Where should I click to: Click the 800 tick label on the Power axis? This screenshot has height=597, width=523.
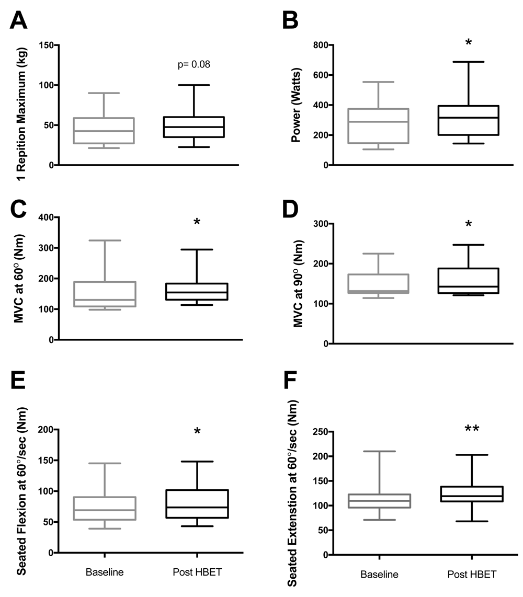tap(306, 45)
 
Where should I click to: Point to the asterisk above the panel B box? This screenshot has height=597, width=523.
tap(469, 43)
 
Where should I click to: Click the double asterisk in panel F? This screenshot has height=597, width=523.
tap(471, 430)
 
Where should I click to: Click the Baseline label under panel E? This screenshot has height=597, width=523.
tap(105, 572)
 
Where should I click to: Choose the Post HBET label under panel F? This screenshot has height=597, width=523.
tap(472, 575)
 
